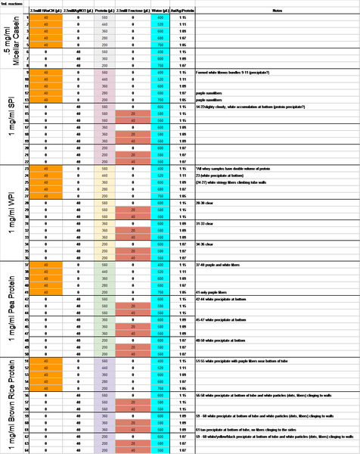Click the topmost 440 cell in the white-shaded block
click(104, 23)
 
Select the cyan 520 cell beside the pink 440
click(160, 79)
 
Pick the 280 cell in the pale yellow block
click(104, 189)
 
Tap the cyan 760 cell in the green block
click(160, 291)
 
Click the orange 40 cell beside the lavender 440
click(46, 368)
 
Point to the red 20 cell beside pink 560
click(133, 113)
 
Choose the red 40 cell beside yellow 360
click(133, 238)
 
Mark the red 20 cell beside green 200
click(133, 347)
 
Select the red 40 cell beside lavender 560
click(133, 409)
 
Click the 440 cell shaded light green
click(104, 272)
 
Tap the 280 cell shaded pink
click(104, 92)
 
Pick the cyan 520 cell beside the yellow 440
click(160, 176)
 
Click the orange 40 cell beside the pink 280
click(46, 92)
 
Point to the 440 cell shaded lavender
click(104, 368)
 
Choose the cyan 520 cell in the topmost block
click(160, 23)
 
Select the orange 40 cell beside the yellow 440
click(46, 176)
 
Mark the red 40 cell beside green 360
click(133, 333)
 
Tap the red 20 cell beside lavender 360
click(133, 423)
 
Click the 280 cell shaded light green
click(104, 285)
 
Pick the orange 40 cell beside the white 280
click(46, 37)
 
